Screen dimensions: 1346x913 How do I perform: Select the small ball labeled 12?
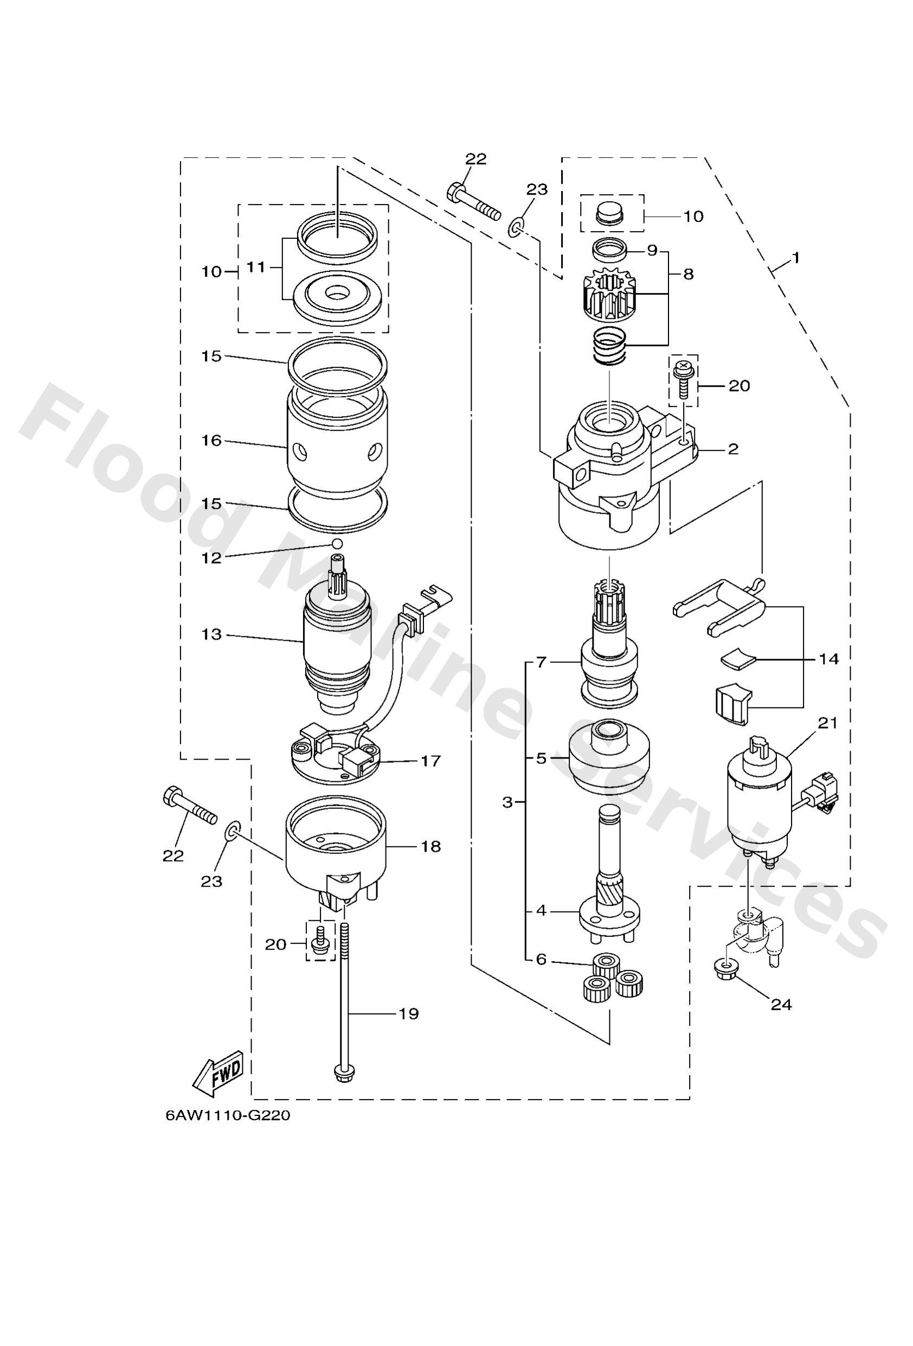point(336,543)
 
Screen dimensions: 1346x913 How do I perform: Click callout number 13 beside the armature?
point(212,635)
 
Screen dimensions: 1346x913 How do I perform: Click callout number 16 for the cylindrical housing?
point(212,441)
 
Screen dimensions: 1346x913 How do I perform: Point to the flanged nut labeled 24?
point(723,964)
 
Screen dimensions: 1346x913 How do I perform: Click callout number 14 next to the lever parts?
point(828,659)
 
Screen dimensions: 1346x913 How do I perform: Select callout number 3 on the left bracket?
point(507,803)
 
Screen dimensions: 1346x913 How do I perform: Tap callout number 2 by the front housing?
point(733,449)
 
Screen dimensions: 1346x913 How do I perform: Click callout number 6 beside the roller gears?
point(541,959)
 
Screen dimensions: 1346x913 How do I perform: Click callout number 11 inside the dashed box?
point(255,267)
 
